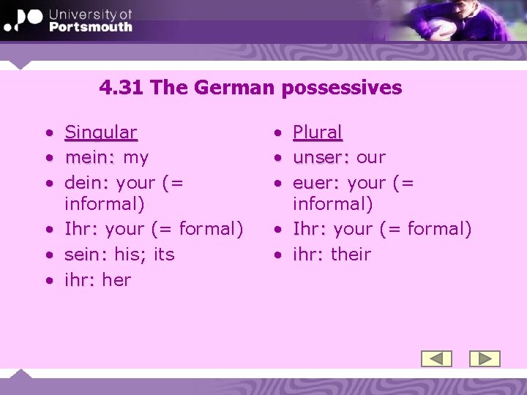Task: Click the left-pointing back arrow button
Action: pos(436,358)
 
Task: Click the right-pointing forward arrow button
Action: pos(484,358)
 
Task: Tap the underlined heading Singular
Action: pos(100,132)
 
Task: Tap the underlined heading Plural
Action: pos(317,132)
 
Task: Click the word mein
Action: pos(89,157)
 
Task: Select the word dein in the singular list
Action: pos(86,182)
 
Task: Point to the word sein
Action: pos(86,255)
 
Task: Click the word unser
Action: pos(319,157)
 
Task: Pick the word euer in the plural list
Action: pos(315,182)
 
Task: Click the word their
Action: pos(351,255)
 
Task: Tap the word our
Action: pos(371,157)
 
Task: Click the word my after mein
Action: pos(136,158)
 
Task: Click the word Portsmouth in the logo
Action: pos(91,27)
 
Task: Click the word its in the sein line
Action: pos(164,255)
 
